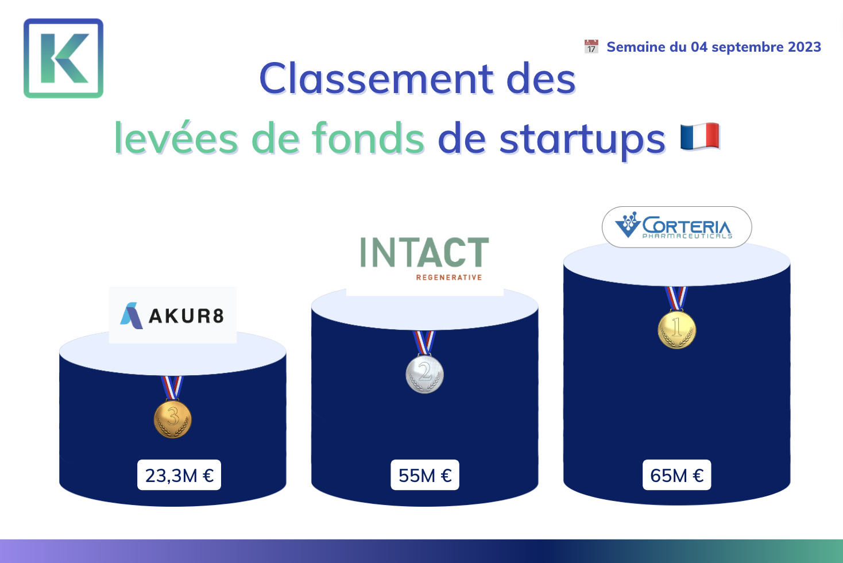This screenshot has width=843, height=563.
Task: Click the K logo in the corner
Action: click(63, 59)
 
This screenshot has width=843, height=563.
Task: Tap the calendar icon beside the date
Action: click(591, 47)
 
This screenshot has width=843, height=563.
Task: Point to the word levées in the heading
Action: click(176, 138)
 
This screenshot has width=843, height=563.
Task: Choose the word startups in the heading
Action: click(582, 141)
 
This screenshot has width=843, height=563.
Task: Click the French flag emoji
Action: click(700, 136)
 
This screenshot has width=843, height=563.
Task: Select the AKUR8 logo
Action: click(173, 315)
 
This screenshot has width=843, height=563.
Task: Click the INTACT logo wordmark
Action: click(424, 252)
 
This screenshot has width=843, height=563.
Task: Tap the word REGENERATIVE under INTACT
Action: click(449, 277)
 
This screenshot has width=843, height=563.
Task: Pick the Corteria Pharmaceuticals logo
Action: click(676, 227)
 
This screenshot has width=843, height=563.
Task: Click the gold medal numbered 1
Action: click(676, 329)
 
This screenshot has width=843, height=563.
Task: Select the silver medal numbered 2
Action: click(424, 374)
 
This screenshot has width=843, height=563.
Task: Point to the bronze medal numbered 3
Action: click(173, 419)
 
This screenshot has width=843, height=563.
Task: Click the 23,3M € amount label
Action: click(179, 475)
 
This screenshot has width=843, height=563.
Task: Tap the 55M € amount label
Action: click(425, 475)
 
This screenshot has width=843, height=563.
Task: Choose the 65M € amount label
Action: click(676, 475)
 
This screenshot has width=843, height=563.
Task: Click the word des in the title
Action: click(541, 79)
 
